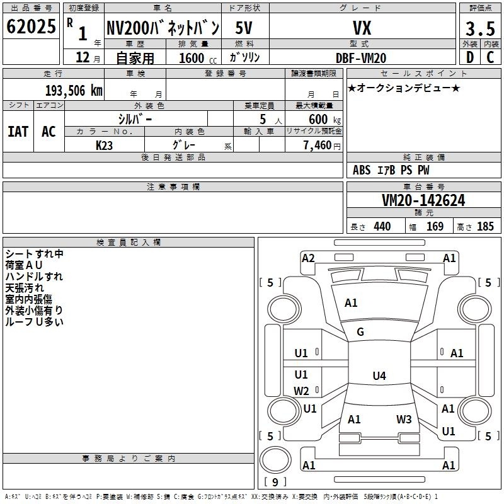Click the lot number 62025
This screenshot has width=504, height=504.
coord(31,26)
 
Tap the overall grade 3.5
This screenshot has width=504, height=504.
coord(480,28)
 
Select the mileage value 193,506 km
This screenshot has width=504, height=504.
coord(74,90)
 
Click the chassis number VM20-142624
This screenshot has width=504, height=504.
coord(423,200)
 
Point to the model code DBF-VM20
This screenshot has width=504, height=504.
coord(360,58)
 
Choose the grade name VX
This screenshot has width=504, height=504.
coord(362,28)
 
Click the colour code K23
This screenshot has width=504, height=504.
coord(104,146)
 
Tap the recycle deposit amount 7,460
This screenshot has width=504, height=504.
coord(318,145)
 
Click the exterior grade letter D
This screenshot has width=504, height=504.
coord(470,57)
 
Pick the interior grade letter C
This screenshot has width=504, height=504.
coord(490,57)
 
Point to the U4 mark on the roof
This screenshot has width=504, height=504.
coord(379,375)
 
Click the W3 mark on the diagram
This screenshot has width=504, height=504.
coord(404,419)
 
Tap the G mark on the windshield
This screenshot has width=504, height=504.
coord(360,332)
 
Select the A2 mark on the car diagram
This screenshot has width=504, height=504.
coord(308,258)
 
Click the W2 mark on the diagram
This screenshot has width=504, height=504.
coord(301,391)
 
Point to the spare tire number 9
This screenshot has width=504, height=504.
coord(275,482)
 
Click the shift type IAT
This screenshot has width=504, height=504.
coord(18,132)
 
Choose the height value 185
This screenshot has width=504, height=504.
coord(485,226)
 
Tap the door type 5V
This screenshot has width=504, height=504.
coord(244,28)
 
